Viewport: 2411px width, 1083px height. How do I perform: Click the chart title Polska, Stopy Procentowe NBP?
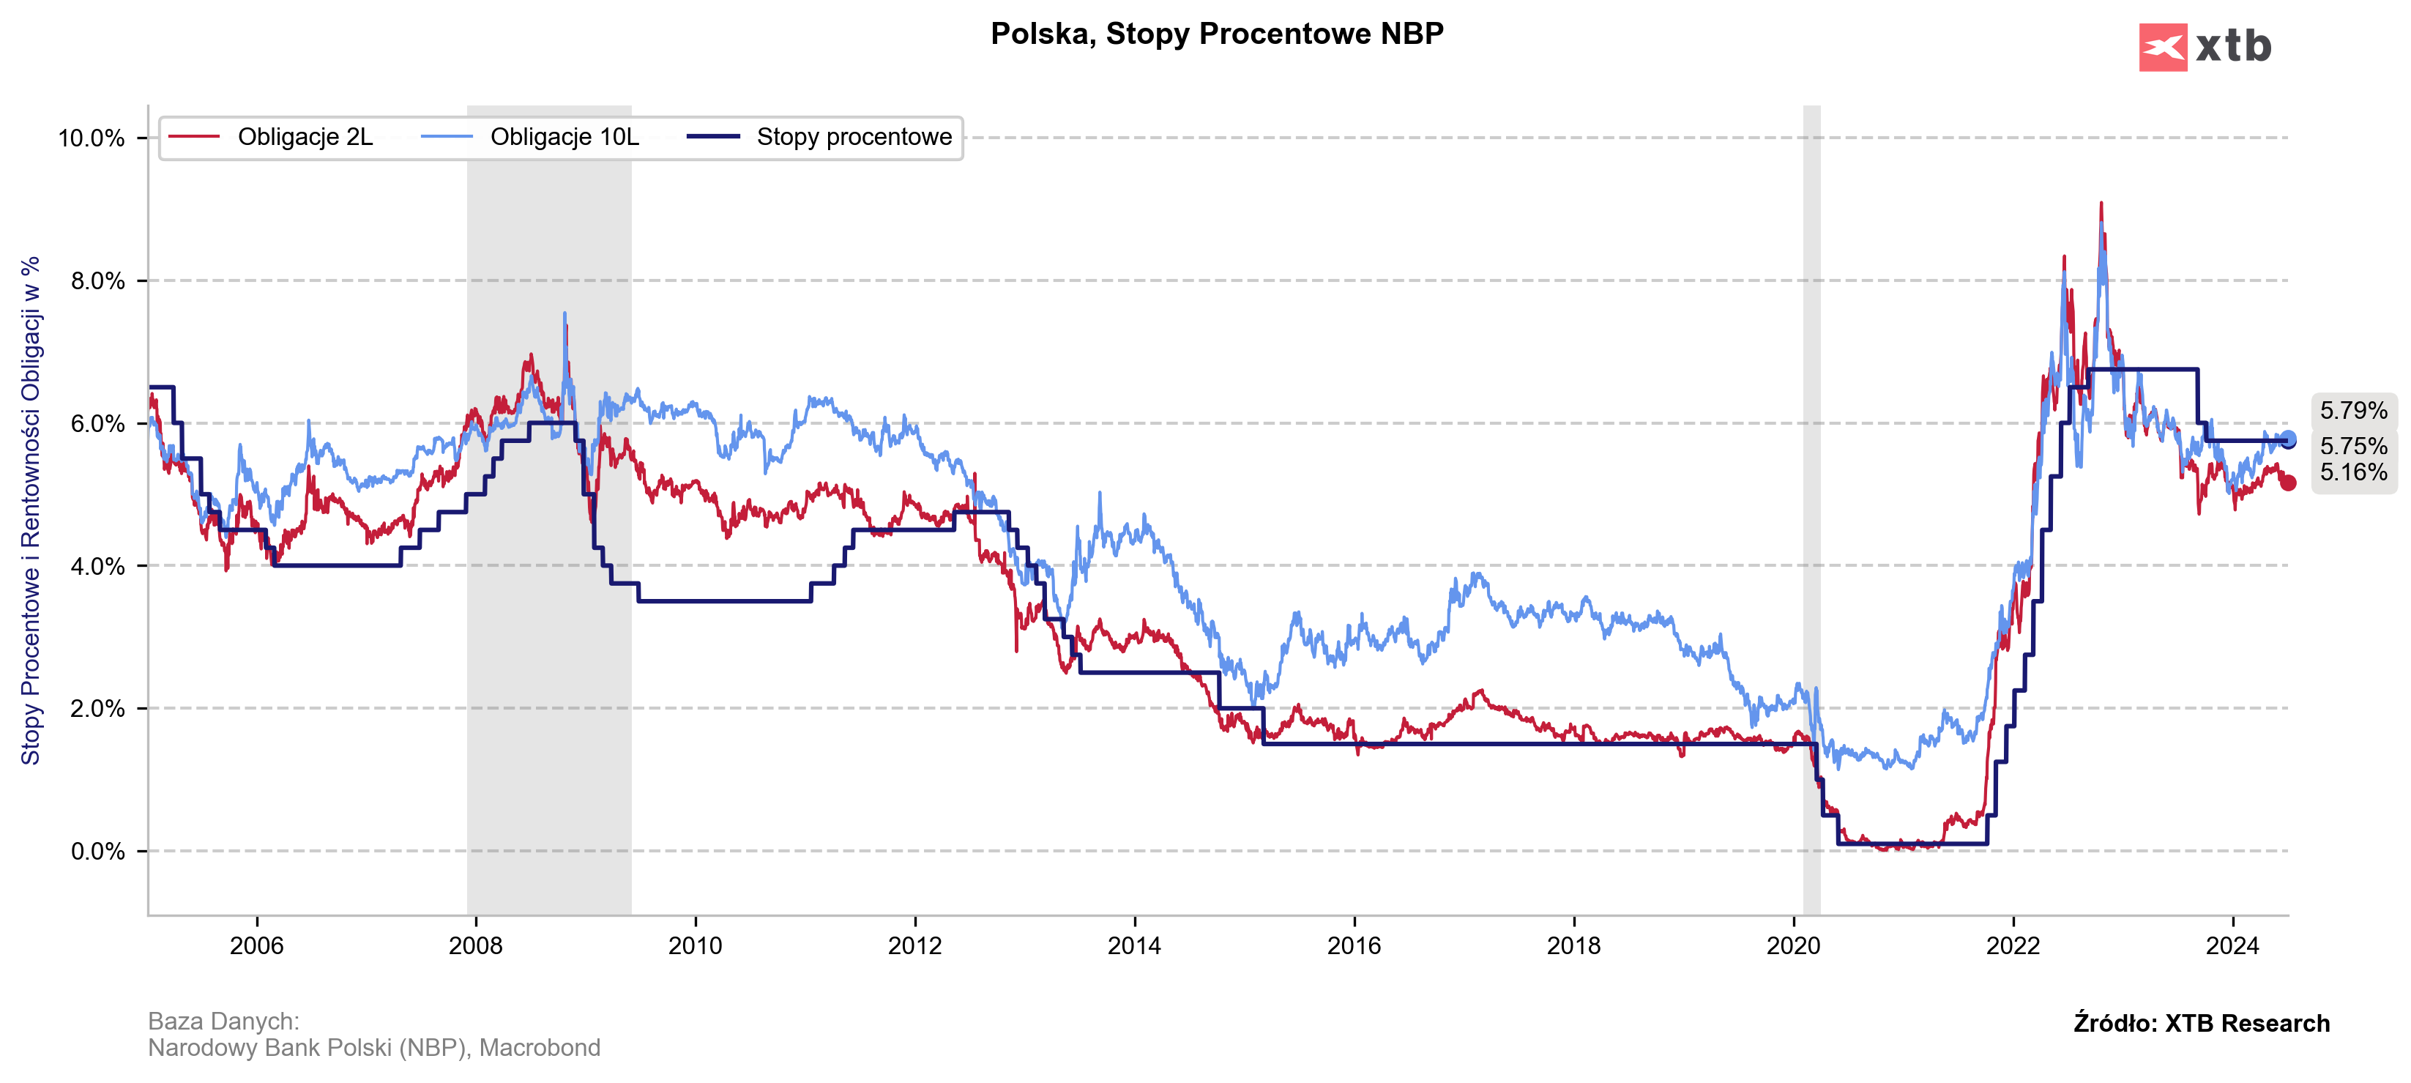(x=1217, y=34)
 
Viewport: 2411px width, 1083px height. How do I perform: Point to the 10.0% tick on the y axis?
(x=91, y=138)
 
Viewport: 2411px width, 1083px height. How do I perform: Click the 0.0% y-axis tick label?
(x=97, y=852)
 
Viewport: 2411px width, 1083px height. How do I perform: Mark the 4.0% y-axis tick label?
(x=97, y=566)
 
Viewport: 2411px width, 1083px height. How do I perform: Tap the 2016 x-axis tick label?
(x=1353, y=945)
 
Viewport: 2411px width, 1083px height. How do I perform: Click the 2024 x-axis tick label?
(x=2232, y=945)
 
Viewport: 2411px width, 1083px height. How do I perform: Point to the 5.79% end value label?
(x=2353, y=410)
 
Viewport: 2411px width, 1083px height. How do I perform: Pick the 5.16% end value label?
(x=2353, y=473)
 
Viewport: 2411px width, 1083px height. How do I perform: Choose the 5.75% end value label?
(x=2353, y=447)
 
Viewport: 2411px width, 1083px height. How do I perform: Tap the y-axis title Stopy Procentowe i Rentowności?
(x=31, y=510)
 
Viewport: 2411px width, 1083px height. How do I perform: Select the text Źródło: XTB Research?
(x=2202, y=1023)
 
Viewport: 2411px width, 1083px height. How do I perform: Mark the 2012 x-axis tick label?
(x=914, y=945)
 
